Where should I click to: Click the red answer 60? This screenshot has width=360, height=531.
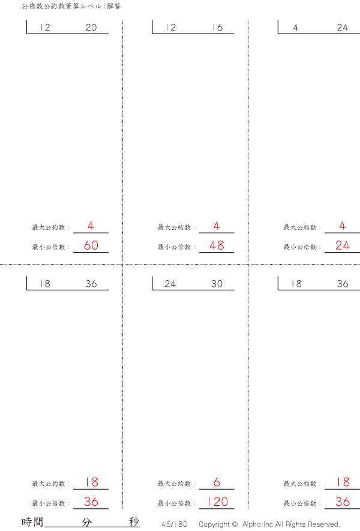[91, 245]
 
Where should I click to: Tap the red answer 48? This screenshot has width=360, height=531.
[217, 245]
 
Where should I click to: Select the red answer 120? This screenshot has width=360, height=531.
[217, 502]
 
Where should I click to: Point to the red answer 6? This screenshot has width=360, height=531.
[217, 482]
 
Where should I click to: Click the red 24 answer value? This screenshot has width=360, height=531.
[343, 245]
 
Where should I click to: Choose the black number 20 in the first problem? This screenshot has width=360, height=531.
[91, 28]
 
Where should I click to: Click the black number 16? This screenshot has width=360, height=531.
[217, 28]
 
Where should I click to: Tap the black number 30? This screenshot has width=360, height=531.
[217, 284]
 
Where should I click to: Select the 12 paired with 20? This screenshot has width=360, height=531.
[45, 28]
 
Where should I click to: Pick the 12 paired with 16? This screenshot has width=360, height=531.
[170, 28]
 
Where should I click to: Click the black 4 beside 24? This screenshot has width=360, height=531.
[296, 28]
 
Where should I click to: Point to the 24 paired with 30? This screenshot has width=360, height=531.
[170, 284]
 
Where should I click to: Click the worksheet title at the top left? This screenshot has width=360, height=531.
[71, 6]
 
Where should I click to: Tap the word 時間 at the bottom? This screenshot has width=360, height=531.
[32, 522]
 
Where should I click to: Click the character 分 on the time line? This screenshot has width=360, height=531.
[86, 522]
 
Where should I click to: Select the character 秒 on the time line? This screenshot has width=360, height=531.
[134, 522]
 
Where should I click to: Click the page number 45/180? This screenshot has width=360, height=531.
[175, 524]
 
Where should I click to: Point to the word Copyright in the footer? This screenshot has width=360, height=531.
[214, 524]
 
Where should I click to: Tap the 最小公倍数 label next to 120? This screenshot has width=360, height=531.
[175, 503]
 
